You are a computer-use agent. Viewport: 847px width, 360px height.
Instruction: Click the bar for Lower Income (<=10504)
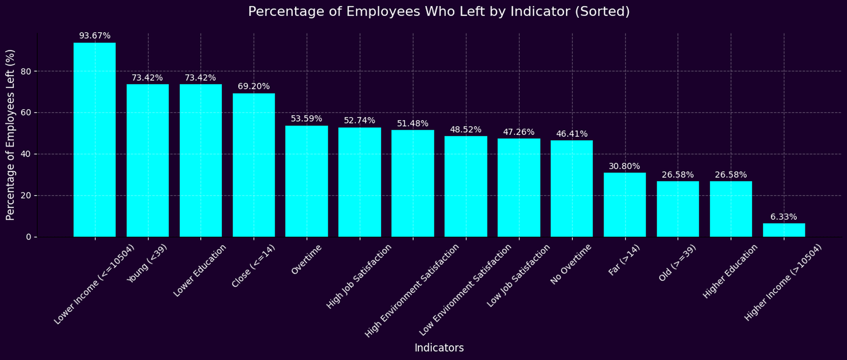coord(95,140)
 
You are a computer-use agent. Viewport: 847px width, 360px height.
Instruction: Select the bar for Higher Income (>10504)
coord(784,230)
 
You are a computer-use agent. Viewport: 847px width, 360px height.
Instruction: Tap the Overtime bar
coord(307,181)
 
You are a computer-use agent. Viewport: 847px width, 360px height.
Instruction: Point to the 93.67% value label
coord(95,36)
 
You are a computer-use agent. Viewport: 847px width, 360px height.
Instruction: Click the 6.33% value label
coord(784,217)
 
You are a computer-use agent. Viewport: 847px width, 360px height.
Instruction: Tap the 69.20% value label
coord(254,86)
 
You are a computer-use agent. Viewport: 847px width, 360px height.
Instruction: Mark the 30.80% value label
coord(625,166)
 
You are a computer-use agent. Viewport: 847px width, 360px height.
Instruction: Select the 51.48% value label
coord(413,123)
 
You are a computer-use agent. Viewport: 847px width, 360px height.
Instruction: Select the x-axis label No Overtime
coord(572,264)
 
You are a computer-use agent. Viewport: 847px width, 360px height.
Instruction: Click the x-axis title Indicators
coord(439,348)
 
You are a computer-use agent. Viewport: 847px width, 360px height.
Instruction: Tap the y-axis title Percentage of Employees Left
coord(11,135)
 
